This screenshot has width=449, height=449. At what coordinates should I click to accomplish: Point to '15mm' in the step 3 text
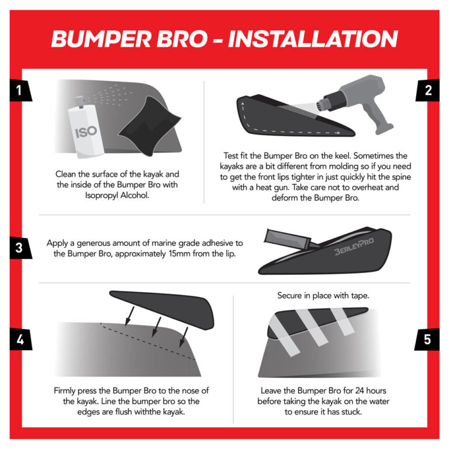point(170,253)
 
